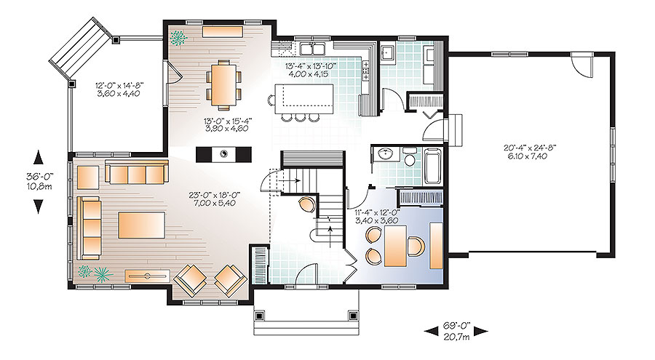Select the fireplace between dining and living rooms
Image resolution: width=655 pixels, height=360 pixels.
(224, 153)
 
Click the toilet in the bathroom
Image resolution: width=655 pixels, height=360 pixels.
(410, 158)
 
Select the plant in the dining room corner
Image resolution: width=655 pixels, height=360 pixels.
(177, 36)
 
